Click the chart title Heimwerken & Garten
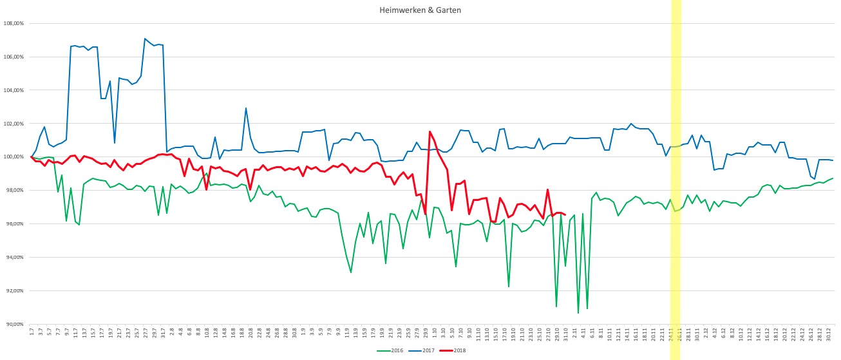421,10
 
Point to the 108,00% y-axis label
14,23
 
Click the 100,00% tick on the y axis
14,157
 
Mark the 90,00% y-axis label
14,325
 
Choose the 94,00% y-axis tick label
14,258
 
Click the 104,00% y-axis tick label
14,90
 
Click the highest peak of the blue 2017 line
145,39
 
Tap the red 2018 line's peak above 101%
430,132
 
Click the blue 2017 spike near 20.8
246,108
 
